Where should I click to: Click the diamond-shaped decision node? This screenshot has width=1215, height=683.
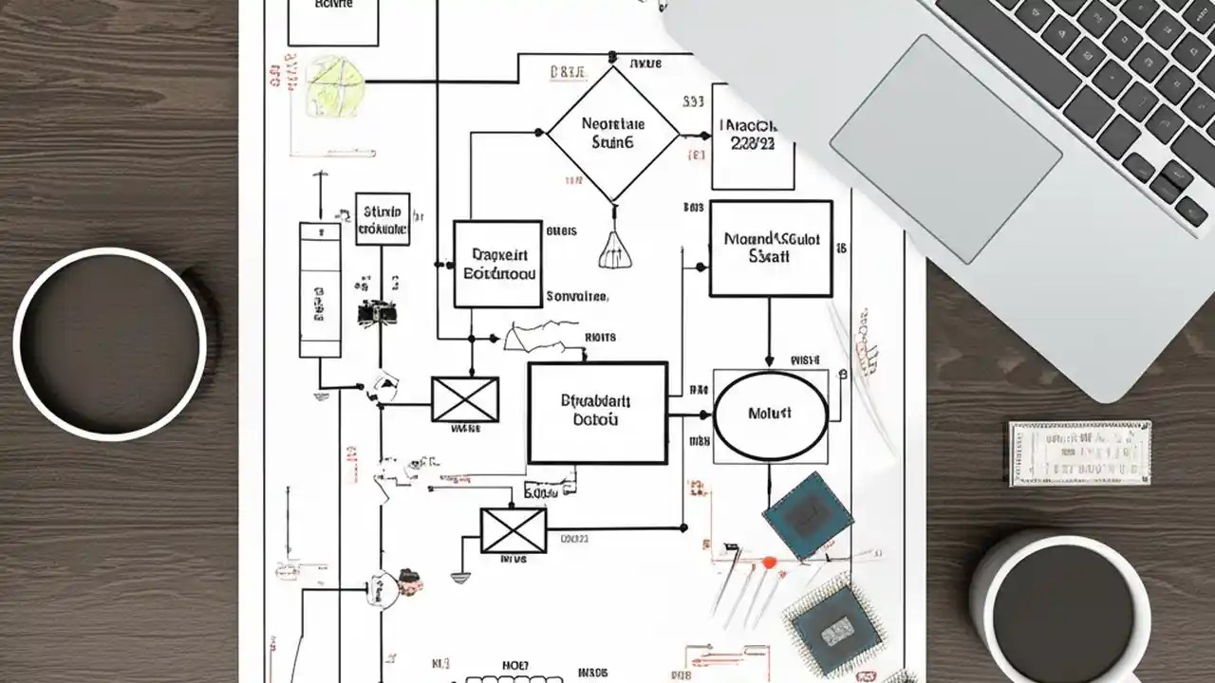[x=612, y=134]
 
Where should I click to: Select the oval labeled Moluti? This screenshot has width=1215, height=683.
[x=770, y=415]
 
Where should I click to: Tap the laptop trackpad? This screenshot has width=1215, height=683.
[x=945, y=149]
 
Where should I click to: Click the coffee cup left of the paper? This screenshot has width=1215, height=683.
[x=109, y=343]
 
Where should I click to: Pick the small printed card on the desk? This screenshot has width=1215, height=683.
[x=1079, y=453]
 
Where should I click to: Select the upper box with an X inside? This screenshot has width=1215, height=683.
[x=465, y=398]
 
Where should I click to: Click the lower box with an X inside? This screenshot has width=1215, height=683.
[x=514, y=530]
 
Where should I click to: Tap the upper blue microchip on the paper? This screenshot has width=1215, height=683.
[x=808, y=515]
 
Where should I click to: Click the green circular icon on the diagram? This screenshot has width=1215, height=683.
[x=335, y=85]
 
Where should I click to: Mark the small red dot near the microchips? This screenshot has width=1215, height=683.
[x=770, y=563]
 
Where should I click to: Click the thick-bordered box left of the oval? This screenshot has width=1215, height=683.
[x=597, y=413]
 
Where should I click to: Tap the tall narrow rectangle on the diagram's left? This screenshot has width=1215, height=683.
[x=320, y=290]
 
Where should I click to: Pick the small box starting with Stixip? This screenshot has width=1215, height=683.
[x=383, y=219]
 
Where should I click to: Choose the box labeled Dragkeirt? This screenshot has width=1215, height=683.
[x=497, y=264]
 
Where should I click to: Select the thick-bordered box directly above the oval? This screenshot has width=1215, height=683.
[x=771, y=249]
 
